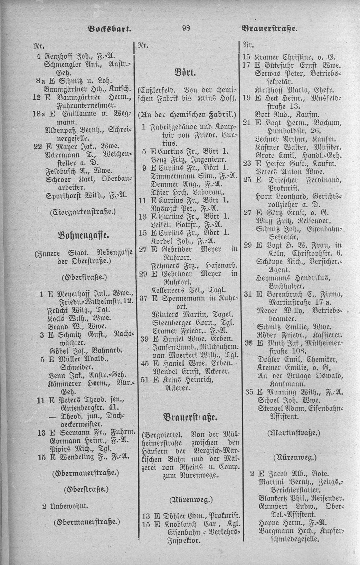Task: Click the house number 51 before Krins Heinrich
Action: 144,380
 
